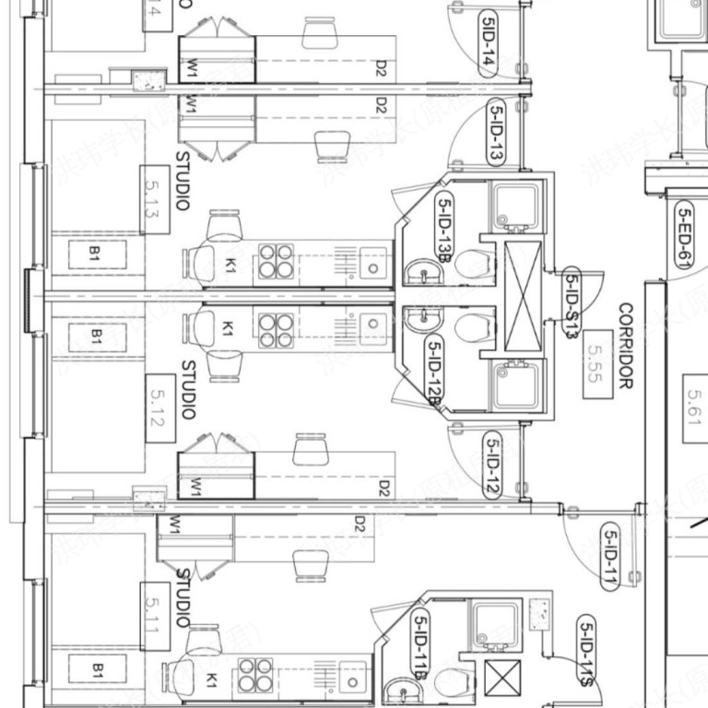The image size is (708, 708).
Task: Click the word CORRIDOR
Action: pos(627,346)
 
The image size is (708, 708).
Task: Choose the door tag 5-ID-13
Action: pos(496,133)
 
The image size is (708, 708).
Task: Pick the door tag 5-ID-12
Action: pos(490,465)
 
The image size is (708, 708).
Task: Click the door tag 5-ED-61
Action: pos(684,236)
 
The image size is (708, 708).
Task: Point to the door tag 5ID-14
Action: pos(489,43)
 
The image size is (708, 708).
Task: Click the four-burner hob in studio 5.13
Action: pos(275,261)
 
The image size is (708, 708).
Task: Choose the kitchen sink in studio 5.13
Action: pos(373,262)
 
